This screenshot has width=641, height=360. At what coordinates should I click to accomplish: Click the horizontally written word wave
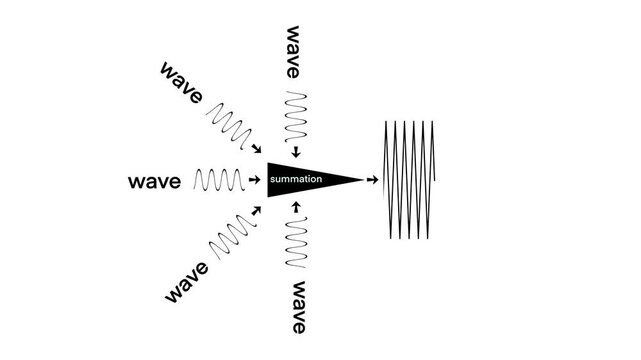(x=155, y=182)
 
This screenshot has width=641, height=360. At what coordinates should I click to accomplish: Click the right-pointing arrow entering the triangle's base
(x=254, y=181)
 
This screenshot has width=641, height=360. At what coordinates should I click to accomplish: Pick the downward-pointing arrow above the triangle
(x=297, y=152)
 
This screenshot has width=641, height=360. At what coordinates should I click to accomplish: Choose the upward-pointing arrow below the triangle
(x=297, y=208)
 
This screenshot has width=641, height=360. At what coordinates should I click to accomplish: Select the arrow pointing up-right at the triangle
(x=255, y=212)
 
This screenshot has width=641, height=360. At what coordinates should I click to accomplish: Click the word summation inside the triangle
(x=295, y=179)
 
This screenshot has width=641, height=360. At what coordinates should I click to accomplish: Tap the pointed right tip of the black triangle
(x=360, y=180)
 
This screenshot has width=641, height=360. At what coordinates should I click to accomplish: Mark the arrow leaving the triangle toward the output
(x=372, y=181)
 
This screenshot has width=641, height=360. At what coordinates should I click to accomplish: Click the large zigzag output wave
(x=412, y=180)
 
